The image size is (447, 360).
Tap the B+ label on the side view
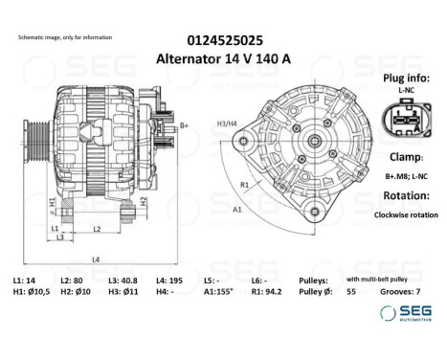point(184,125)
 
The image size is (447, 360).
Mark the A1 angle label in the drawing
point(236,209)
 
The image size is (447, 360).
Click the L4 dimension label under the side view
point(95,259)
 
